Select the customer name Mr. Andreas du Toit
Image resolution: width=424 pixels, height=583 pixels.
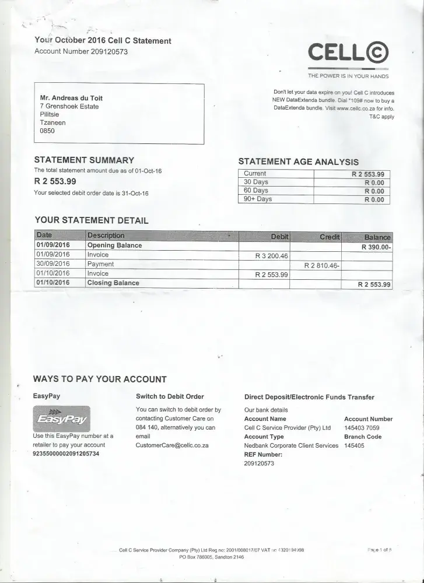71,98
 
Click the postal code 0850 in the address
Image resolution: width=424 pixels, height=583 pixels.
47,131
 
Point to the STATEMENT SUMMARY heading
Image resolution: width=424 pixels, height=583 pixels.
85,160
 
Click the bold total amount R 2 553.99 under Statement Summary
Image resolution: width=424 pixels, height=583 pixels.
59,181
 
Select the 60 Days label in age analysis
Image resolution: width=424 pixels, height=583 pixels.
256,191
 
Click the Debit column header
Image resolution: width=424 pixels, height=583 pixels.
279,236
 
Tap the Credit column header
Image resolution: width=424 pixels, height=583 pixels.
329,236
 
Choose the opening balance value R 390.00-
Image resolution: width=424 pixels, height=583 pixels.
376,246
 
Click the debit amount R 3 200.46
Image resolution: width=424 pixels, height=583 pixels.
272,255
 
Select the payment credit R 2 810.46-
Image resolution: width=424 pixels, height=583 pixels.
321,265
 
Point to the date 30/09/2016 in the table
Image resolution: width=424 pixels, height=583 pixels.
53,264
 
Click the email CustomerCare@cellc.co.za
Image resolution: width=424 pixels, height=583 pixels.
172,445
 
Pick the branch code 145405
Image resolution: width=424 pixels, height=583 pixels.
355,445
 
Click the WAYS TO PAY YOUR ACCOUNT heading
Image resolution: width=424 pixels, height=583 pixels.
100,379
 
